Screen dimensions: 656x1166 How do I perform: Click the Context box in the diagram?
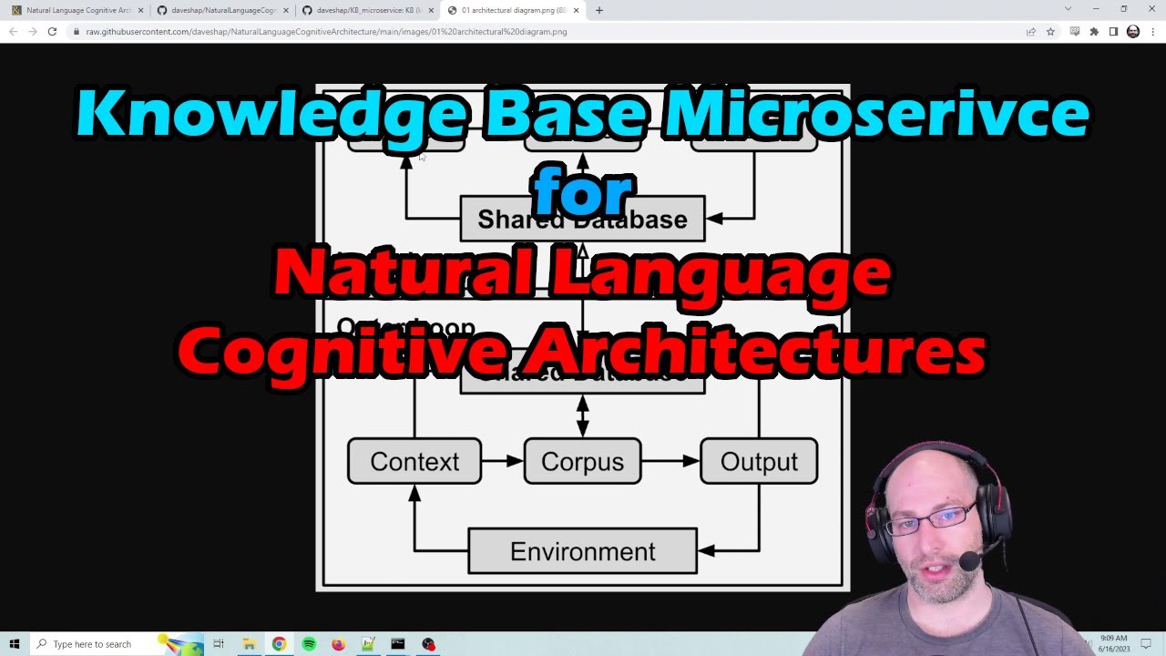coord(414,461)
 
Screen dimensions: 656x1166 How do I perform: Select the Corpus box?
coord(582,461)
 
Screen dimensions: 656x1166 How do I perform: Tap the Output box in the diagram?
coord(758,461)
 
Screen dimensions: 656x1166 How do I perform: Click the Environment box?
coord(582,551)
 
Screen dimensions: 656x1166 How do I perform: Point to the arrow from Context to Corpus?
coord(502,461)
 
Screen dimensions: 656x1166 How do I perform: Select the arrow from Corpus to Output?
coord(670,461)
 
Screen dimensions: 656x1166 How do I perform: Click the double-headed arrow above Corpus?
coord(582,415)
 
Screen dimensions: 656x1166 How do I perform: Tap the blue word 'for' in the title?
coord(582,192)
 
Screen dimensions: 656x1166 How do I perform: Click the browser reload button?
coord(52,31)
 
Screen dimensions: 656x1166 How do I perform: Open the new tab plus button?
coord(598,10)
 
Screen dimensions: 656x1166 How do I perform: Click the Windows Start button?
coord(15,644)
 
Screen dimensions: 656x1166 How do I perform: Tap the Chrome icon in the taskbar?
coord(279,644)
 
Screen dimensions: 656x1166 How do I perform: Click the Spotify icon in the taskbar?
coord(309,644)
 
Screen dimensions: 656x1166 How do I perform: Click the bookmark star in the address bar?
coord(1050,31)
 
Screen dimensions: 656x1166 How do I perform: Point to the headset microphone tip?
coord(968,561)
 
